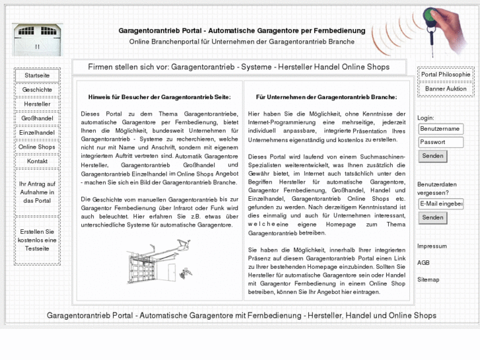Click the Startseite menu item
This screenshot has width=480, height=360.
point(37,76)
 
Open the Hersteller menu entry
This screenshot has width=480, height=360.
point(37,104)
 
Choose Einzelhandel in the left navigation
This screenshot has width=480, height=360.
point(37,133)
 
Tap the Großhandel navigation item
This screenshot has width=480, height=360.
point(37,119)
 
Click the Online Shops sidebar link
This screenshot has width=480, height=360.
point(37,147)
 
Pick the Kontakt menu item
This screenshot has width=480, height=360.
point(37,161)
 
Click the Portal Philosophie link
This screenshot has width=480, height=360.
point(446,75)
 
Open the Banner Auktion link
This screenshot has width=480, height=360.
point(446,89)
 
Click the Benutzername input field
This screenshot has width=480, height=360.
point(440,129)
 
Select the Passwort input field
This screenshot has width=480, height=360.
point(440,142)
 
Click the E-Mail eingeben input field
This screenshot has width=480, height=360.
point(440,204)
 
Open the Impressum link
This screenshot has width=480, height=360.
point(432,246)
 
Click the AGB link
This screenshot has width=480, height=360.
point(423,263)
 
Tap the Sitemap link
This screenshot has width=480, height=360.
point(428,279)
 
